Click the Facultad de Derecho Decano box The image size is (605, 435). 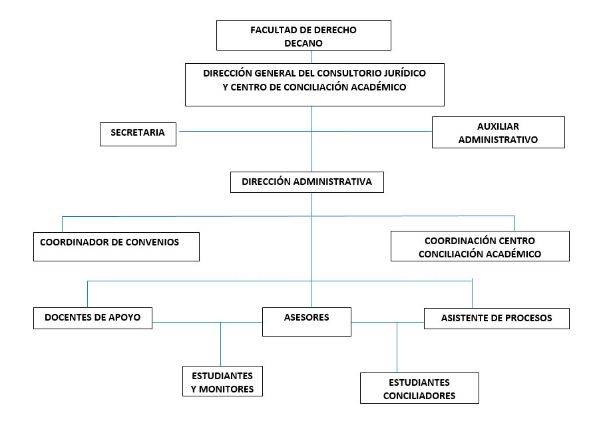pyautogui.click(x=303, y=35)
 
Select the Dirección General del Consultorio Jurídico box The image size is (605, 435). pyautogui.click(x=314, y=84)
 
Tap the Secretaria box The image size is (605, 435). pyautogui.click(x=138, y=133)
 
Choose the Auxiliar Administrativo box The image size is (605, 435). pyautogui.click(x=498, y=132)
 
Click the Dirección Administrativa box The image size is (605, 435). pyautogui.click(x=307, y=182)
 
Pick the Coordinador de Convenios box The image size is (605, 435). pyautogui.click(x=116, y=247)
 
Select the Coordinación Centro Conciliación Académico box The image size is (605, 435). pyautogui.click(x=479, y=246)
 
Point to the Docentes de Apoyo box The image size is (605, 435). pyautogui.click(x=93, y=318)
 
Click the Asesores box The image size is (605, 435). pyautogui.click(x=306, y=322)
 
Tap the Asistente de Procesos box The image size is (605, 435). pyautogui.click(x=497, y=318)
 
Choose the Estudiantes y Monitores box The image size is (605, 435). pyautogui.click(x=222, y=381)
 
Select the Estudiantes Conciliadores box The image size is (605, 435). pyautogui.click(x=419, y=388)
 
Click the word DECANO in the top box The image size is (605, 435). pyautogui.click(x=303, y=43)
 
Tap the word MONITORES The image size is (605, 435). pyautogui.click(x=228, y=389)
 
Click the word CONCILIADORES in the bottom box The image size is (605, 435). pyautogui.click(x=419, y=396)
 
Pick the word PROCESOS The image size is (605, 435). pyautogui.click(x=528, y=318)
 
